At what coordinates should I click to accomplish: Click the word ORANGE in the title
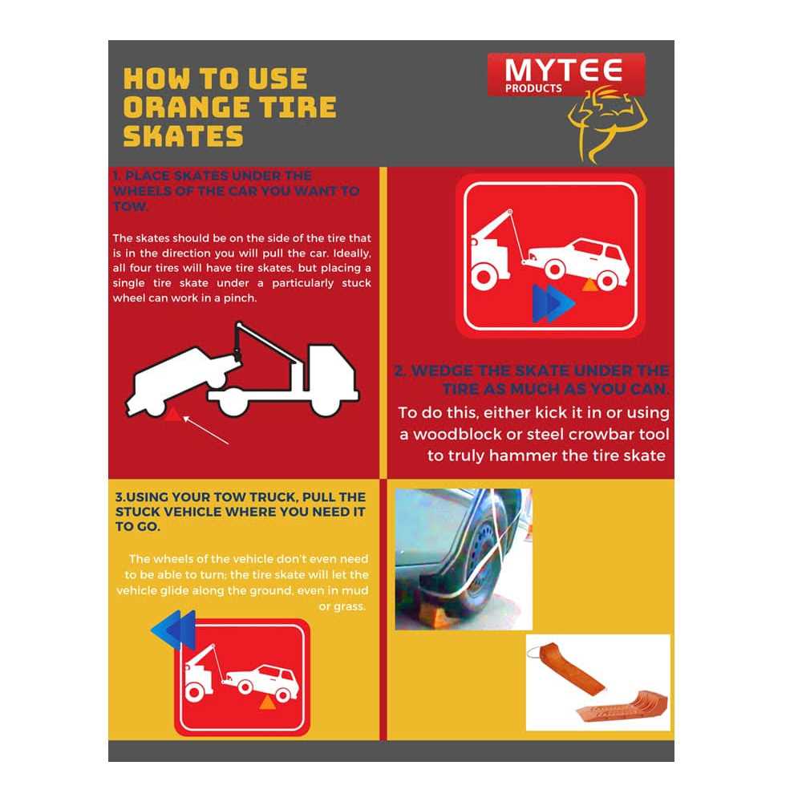tap(190, 107)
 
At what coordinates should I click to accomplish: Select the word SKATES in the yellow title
tap(183, 136)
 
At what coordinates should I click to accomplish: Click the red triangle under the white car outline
tap(171, 414)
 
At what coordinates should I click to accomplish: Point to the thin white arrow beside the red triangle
tap(205, 428)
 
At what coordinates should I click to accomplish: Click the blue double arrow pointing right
tap(553, 304)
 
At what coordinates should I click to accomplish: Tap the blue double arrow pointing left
tap(173, 630)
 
